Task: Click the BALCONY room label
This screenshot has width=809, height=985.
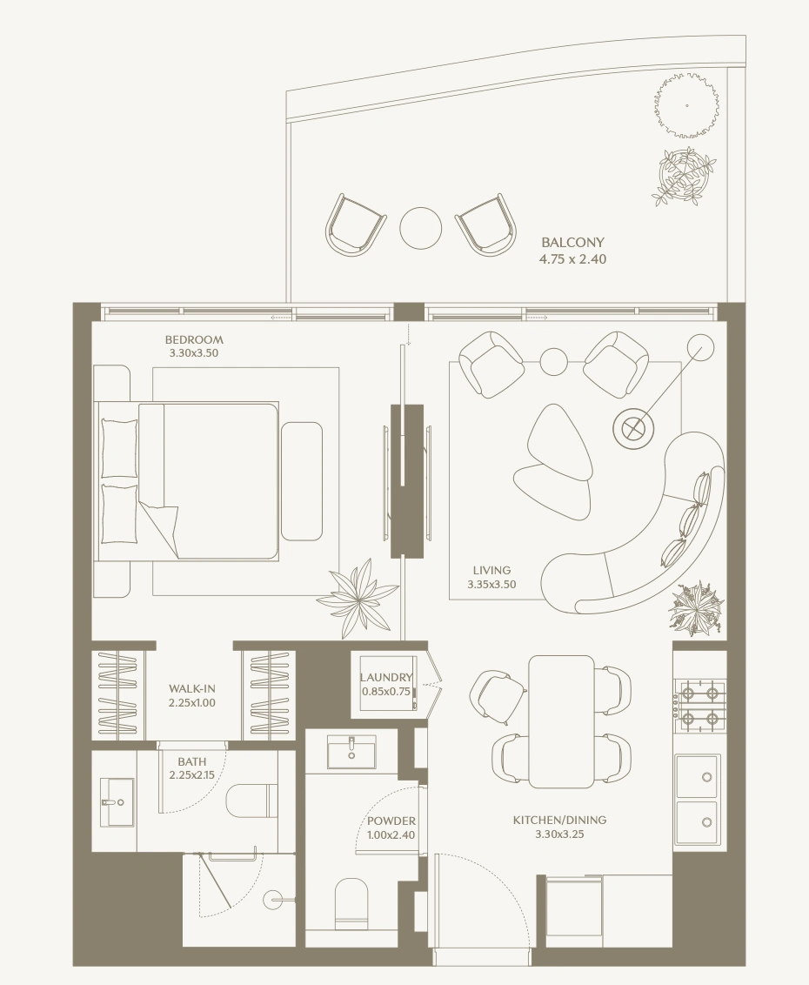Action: point(573,242)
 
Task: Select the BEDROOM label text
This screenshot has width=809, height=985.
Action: point(194,340)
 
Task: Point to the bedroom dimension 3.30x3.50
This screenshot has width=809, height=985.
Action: point(194,353)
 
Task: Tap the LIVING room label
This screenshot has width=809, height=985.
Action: point(491,571)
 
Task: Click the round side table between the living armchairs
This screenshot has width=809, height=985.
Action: point(554,361)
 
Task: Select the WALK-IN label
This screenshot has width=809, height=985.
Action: point(192,689)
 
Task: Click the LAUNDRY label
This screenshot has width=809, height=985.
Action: point(386,677)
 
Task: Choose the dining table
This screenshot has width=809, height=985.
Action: point(562,721)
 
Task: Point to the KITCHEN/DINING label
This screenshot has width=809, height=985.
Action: point(559,820)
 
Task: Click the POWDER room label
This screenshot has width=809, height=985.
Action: point(391,821)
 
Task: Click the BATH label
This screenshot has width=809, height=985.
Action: point(191,762)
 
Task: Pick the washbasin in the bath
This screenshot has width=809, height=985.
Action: point(117,802)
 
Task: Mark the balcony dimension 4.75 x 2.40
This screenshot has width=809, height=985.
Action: point(573,258)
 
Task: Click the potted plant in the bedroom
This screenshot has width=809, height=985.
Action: point(357,597)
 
